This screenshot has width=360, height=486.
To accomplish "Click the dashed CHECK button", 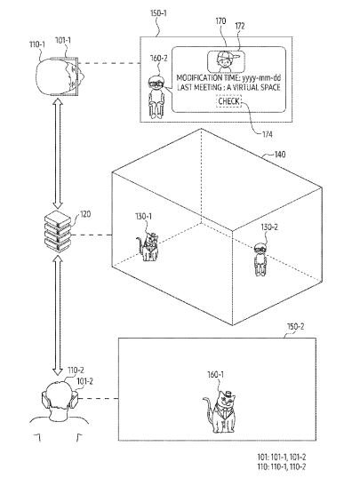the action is [x=228, y=101].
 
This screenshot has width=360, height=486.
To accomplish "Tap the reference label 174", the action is [x=267, y=134].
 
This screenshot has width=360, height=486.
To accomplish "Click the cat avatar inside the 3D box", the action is [x=148, y=247].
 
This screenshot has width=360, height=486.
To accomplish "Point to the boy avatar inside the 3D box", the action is [x=260, y=259].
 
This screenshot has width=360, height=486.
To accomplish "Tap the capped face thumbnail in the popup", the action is [x=226, y=61].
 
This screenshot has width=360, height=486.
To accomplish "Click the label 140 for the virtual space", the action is [x=280, y=154].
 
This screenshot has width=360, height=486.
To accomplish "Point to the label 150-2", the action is [x=295, y=326].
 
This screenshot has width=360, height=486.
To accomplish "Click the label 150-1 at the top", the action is [x=158, y=13].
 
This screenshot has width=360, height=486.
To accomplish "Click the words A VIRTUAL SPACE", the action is [x=253, y=87].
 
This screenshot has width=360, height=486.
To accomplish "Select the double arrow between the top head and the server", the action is [x=58, y=154].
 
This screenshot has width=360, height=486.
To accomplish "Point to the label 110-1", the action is [x=37, y=44].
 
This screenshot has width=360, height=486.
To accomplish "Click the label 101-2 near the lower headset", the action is [x=84, y=381].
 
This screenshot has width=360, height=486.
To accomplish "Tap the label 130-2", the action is [x=269, y=227].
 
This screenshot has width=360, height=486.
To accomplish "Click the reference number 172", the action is [x=240, y=27].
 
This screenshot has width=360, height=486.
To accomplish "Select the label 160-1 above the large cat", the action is [x=215, y=374].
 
